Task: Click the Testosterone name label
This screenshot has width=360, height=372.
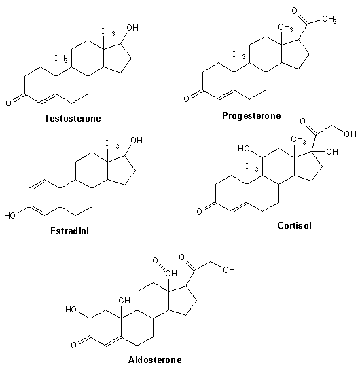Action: tap(73, 118)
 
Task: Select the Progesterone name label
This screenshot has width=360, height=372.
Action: tap(251, 116)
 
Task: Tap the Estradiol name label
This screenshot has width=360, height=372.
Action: tap(69, 231)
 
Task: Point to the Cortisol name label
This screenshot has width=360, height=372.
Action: tap(294, 225)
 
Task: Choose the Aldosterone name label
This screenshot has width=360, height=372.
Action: tap(155, 360)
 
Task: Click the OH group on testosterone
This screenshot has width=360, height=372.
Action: tap(132, 28)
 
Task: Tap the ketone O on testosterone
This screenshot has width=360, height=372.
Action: tap(9, 103)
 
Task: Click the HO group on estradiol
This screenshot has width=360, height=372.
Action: tap(10, 216)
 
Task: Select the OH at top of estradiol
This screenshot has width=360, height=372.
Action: tap(137, 141)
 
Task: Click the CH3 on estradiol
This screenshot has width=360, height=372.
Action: tap(111, 144)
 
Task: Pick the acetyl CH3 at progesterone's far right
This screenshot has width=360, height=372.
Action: tap(329, 19)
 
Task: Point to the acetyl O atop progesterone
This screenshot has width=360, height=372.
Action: tap(295, 11)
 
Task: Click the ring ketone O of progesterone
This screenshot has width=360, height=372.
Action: tap(186, 98)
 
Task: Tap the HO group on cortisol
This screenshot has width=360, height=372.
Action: tap(244, 149)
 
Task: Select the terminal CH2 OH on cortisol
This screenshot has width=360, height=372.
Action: tap(350, 134)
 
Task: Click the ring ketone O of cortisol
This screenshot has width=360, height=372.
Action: tap(199, 211)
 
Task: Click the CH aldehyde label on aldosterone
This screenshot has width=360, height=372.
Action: tap(171, 274)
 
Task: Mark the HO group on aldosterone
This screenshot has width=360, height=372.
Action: tap(71, 310)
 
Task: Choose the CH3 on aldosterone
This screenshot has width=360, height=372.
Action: tap(126, 301)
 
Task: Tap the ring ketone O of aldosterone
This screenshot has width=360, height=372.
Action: tap(73, 345)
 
